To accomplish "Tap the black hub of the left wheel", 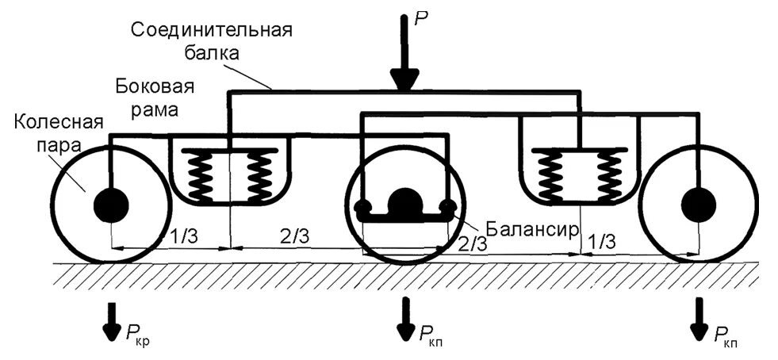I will click(x=111, y=206).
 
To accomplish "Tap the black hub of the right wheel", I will click(x=699, y=205).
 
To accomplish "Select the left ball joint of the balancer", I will click(x=364, y=209).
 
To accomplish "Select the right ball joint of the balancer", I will click(x=447, y=209).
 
